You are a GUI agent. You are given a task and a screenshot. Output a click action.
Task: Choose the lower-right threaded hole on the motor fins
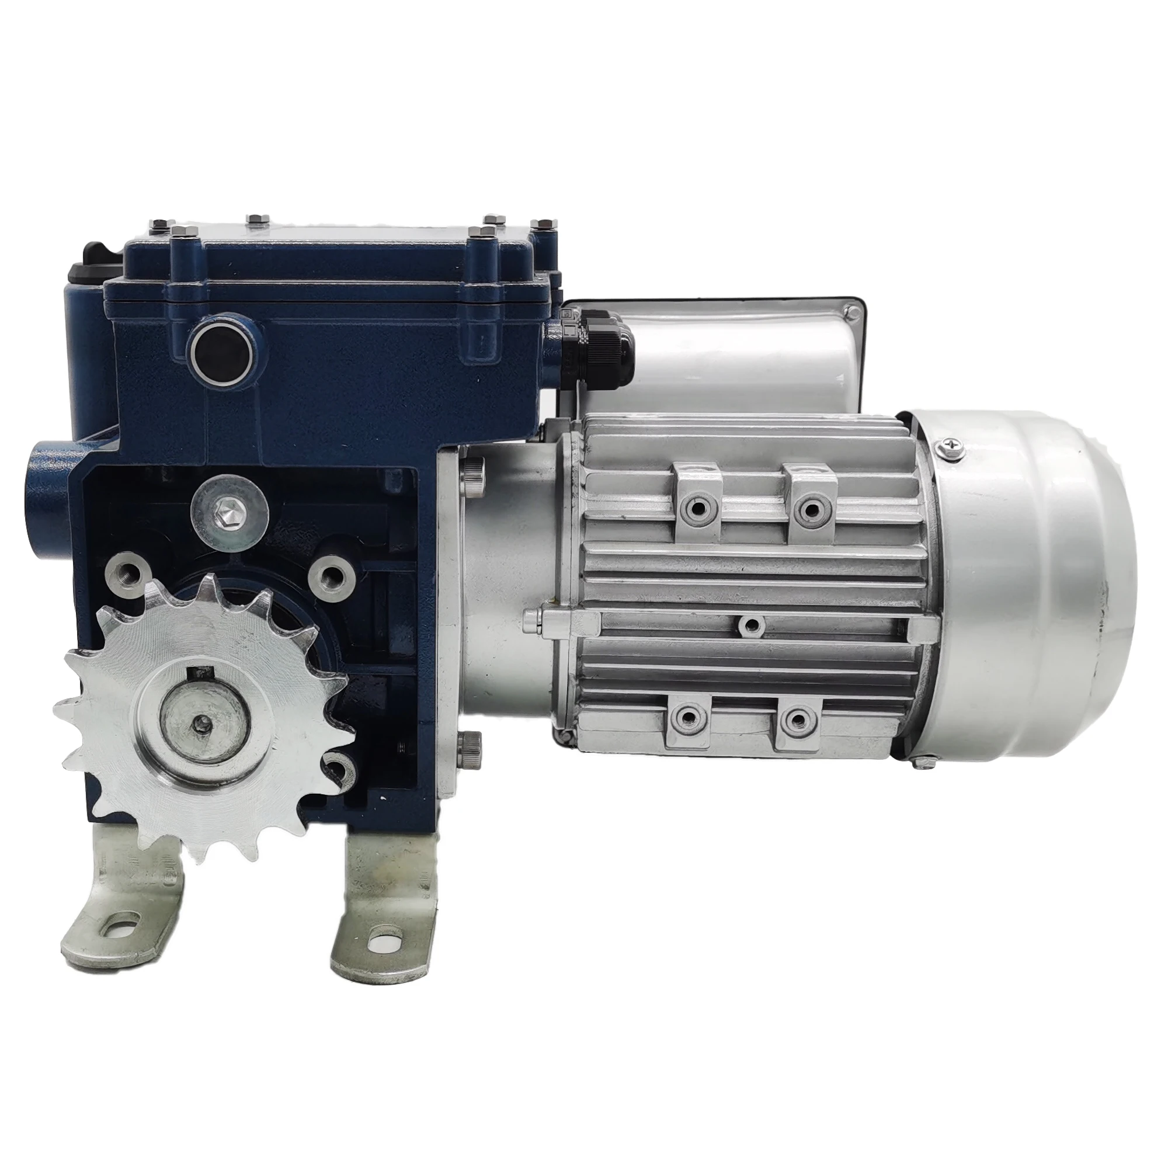tap(796, 718)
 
